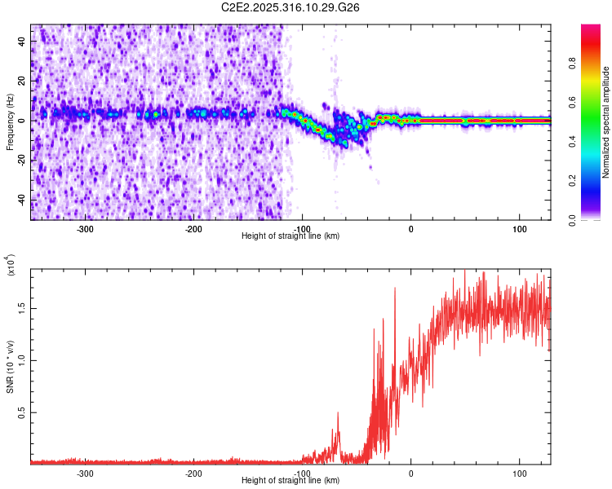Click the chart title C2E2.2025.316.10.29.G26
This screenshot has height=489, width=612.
point(291,7)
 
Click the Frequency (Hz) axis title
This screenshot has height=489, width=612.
point(10,121)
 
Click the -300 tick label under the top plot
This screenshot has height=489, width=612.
point(86,229)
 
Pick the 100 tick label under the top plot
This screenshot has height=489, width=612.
point(520,229)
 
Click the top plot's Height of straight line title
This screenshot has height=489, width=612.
point(291,236)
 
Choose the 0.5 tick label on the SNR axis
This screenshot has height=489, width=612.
point(23,413)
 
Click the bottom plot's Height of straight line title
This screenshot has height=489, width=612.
point(291,481)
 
